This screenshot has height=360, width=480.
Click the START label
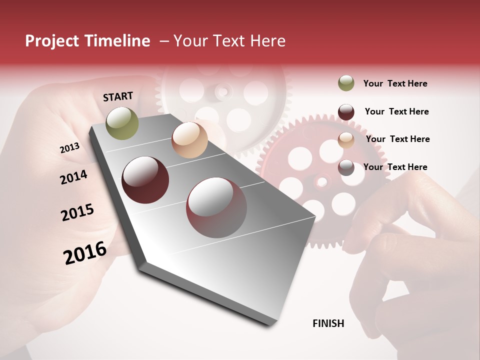[118, 96]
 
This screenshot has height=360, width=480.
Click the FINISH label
[328, 323]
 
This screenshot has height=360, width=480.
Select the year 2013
[69, 148]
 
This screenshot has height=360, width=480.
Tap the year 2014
[73, 177]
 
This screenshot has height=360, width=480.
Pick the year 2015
[77, 212]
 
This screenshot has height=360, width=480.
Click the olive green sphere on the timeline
[122, 123]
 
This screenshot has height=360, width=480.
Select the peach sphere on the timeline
[189, 140]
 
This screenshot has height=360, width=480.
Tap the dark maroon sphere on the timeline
[145, 180]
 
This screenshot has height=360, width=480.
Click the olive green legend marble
[346, 83]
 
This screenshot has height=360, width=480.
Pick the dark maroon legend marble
[346, 112]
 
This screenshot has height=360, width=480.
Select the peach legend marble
[346, 140]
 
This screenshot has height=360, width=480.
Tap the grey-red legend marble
[346, 167]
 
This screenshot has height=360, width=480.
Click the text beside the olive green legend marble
[395, 83]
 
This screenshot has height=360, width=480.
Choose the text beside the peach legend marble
[397, 139]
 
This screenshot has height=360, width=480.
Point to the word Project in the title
[51, 41]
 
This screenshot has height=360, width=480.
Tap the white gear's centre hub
[222, 91]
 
